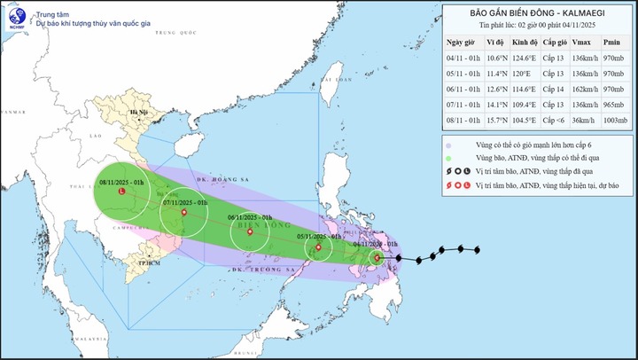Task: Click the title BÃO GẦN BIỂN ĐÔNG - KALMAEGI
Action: (532, 13)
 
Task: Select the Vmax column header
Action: (582, 42)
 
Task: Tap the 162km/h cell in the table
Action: (582, 90)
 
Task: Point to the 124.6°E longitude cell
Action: (525, 58)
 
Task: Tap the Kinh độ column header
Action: (525, 42)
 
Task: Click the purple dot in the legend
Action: (449, 145)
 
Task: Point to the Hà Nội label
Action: (138, 113)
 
